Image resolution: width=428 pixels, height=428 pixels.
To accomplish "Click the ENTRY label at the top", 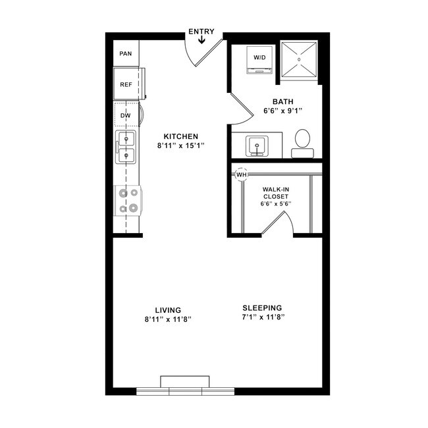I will pyautogui.click(x=201, y=31).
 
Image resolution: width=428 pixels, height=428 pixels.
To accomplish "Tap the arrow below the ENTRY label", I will pyautogui.click(x=201, y=40).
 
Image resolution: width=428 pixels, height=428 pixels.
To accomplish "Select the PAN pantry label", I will pyautogui.click(x=126, y=53).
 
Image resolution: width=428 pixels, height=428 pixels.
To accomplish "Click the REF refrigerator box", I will pyautogui.click(x=126, y=84).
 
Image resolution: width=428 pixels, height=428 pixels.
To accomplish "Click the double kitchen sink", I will pyautogui.click(x=126, y=147).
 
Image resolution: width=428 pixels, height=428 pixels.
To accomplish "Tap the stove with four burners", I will pyautogui.click(x=127, y=201).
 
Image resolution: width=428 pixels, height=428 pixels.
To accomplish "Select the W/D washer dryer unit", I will pyautogui.click(x=259, y=57).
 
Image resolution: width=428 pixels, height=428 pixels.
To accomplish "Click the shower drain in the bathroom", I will pyautogui.click(x=300, y=59).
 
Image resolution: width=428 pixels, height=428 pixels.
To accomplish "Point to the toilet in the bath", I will pyautogui.click(x=303, y=142).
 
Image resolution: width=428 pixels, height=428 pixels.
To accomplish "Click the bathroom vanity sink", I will pyautogui.click(x=256, y=146).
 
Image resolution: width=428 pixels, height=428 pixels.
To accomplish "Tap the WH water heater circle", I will pyautogui.click(x=241, y=174).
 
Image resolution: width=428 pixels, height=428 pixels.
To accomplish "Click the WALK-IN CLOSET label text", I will pyautogui.click(x=276, y=192).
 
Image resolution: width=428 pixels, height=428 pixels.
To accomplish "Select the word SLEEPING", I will pyautogui.click(x=262, y=308).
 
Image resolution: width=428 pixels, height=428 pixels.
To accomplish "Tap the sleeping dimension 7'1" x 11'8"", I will pyautogui.click(x=262, y=317).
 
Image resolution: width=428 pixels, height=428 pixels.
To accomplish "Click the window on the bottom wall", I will pyautogui.click(x=186, y=390).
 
